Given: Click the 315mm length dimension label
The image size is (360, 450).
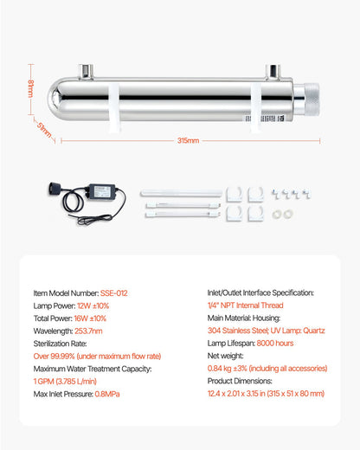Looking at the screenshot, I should click(x=188, y=140).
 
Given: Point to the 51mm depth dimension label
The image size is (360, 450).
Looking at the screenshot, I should click(x=40, y=130).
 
